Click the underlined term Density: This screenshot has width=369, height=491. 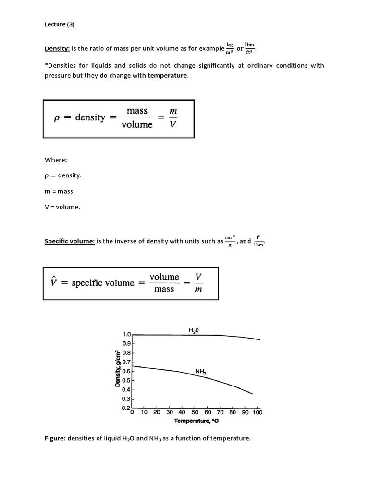57,48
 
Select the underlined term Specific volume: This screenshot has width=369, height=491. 69,241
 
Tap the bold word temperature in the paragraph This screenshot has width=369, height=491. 168,75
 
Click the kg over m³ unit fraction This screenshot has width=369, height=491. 230,48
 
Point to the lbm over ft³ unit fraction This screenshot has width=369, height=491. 249,48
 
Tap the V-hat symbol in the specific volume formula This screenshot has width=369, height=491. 54,282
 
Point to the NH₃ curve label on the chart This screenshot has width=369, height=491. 201,371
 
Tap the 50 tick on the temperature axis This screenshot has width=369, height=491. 195,412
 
